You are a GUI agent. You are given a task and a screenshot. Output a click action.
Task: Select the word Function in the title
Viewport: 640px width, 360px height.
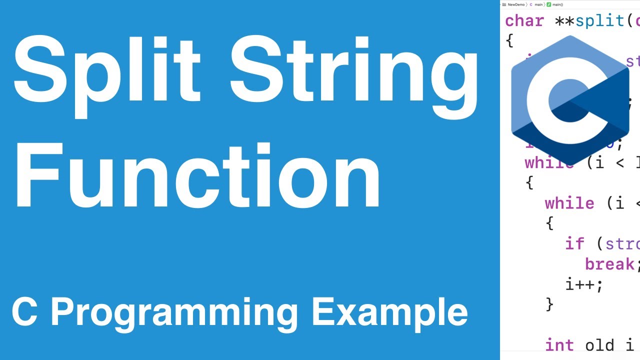(x=197, y=175)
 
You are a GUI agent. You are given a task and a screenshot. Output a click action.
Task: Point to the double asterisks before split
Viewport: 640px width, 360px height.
(x=565, y=21)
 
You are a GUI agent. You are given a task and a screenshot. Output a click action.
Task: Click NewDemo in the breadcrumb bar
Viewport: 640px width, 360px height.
(x=516, y=4)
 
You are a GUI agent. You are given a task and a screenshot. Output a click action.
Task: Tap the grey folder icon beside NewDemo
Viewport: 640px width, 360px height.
(x=504, y=4)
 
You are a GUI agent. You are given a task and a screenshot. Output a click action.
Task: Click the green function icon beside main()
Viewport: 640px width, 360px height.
(x=549, y=4)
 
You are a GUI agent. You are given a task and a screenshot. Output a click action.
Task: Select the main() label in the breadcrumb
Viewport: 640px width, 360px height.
(x=558, y=4)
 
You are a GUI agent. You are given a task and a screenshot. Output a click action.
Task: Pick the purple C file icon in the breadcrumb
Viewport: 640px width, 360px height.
(x=531, y=4)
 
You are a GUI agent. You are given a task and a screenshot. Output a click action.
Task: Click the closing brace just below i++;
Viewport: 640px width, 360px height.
(x=550, y=303)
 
